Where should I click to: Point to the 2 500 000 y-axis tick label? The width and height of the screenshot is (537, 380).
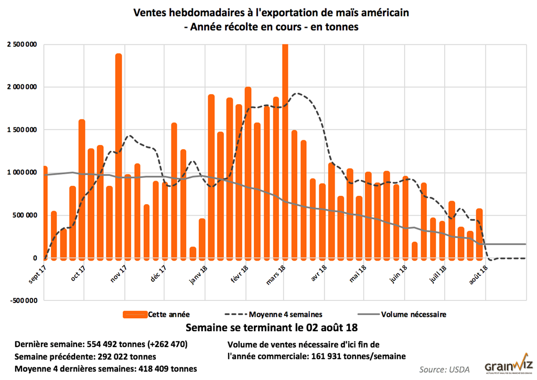[22, 44]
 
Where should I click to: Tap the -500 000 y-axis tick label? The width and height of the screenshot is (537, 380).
[23, 300]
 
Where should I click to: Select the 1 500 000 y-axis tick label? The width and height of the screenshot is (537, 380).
[22, 130]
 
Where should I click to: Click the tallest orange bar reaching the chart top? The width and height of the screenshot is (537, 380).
[285, 152]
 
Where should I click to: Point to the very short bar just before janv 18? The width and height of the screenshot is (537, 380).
[192, 252]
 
